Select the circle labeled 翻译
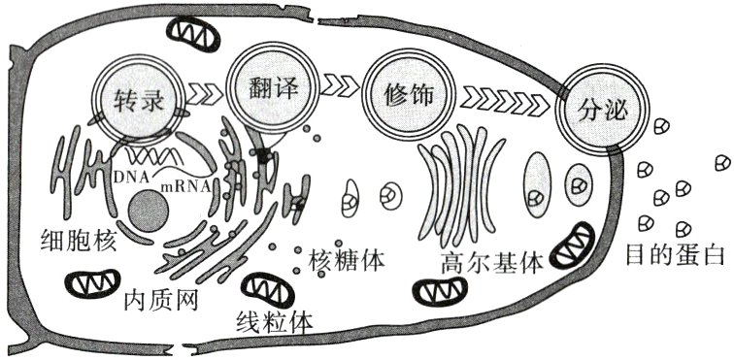(x=265, y=93)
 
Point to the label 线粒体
(x=275, y=321)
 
